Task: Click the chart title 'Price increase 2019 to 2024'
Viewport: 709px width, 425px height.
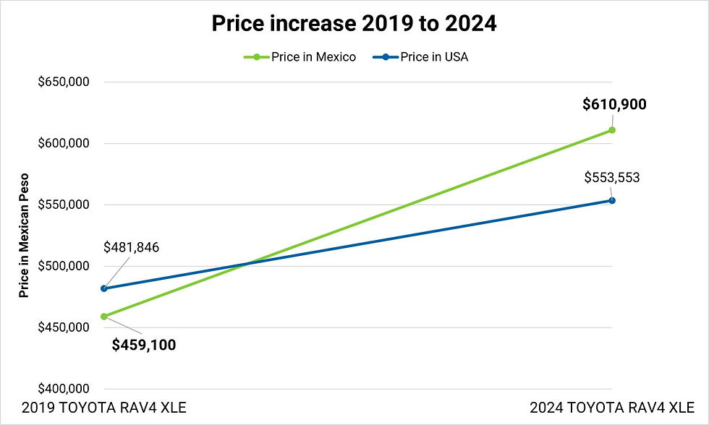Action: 354,24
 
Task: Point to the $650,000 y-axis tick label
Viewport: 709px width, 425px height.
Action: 64,82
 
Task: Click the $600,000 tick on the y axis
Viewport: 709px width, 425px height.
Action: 64,144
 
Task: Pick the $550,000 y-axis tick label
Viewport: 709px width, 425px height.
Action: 64,205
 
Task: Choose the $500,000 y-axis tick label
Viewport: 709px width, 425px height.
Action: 64,266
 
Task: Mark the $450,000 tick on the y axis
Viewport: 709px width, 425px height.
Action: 64,327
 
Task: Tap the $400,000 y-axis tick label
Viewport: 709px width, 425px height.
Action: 64,389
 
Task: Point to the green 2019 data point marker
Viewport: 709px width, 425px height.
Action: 104,316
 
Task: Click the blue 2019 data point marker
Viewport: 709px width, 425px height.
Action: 104,288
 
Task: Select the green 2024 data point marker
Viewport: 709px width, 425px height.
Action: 612,130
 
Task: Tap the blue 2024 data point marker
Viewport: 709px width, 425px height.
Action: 612,200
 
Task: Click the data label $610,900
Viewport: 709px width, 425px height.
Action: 614,104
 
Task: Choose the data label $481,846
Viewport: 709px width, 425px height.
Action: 131,248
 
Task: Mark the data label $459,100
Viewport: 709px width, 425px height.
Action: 144,345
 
